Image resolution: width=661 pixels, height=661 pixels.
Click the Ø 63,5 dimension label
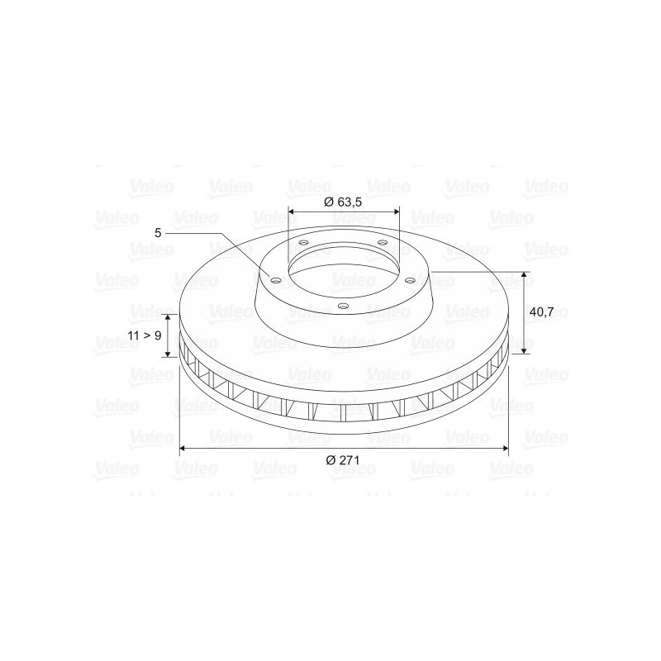tap(343, 202)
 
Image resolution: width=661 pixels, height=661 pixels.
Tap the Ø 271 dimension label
tap(343, 460)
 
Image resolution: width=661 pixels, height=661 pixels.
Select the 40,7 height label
tap(541, 312)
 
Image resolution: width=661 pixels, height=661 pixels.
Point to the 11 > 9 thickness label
tap(145, 335)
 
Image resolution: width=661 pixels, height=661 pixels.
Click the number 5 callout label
tap(158, 233)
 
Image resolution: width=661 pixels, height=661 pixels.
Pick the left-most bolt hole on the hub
tap(275, 281)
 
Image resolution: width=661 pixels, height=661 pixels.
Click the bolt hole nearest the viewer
tap(344, 307)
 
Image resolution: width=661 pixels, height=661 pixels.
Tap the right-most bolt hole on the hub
tap(409, 280)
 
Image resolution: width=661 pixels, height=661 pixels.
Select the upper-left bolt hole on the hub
tap(303, 243)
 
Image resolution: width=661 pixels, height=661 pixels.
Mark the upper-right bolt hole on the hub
tap(382, 242)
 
